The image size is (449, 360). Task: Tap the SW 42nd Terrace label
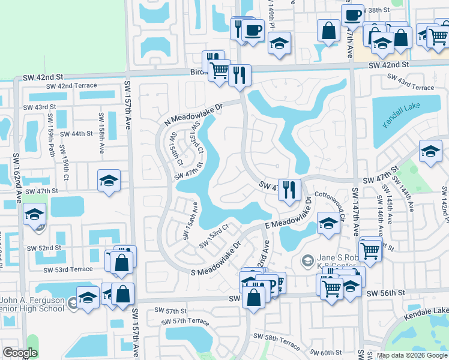point(61,86)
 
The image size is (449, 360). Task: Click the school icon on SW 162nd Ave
point(35,214)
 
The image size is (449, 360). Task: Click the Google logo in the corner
point(20,353)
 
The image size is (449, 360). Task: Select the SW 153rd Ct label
point(214,236)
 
